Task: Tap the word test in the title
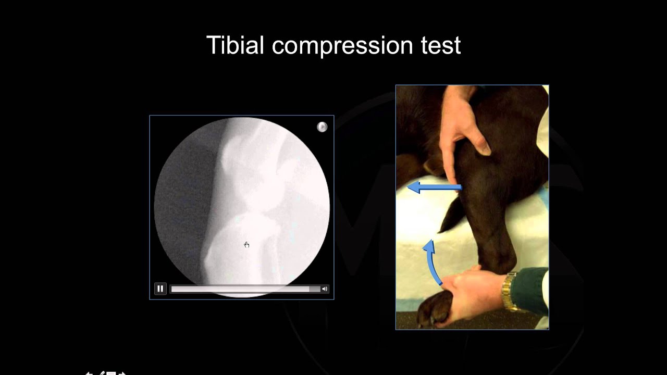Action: click(x=441, y=46)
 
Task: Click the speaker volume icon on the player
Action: click(x=325, y=289)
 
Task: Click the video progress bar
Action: click(x=245, y=289)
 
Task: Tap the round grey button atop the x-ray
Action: click(x=322, y=127)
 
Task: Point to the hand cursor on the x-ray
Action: click(x=246, y=244)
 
